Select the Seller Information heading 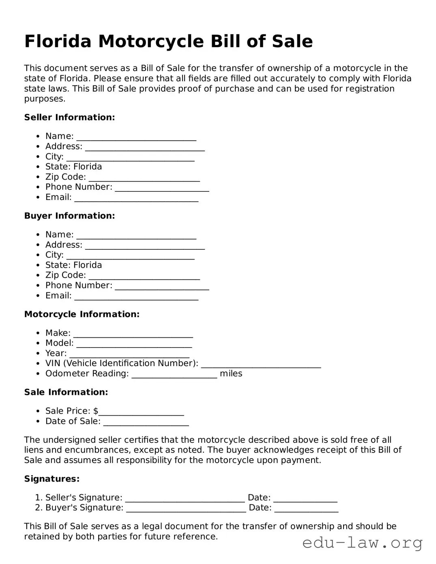[69, 117]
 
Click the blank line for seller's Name [136, 137]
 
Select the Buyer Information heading [69, 216]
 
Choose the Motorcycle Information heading [82, 314]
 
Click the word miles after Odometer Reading [231, 373]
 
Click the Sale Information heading [66, 392]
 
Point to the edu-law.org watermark [363, 543]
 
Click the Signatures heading [52, 479]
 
